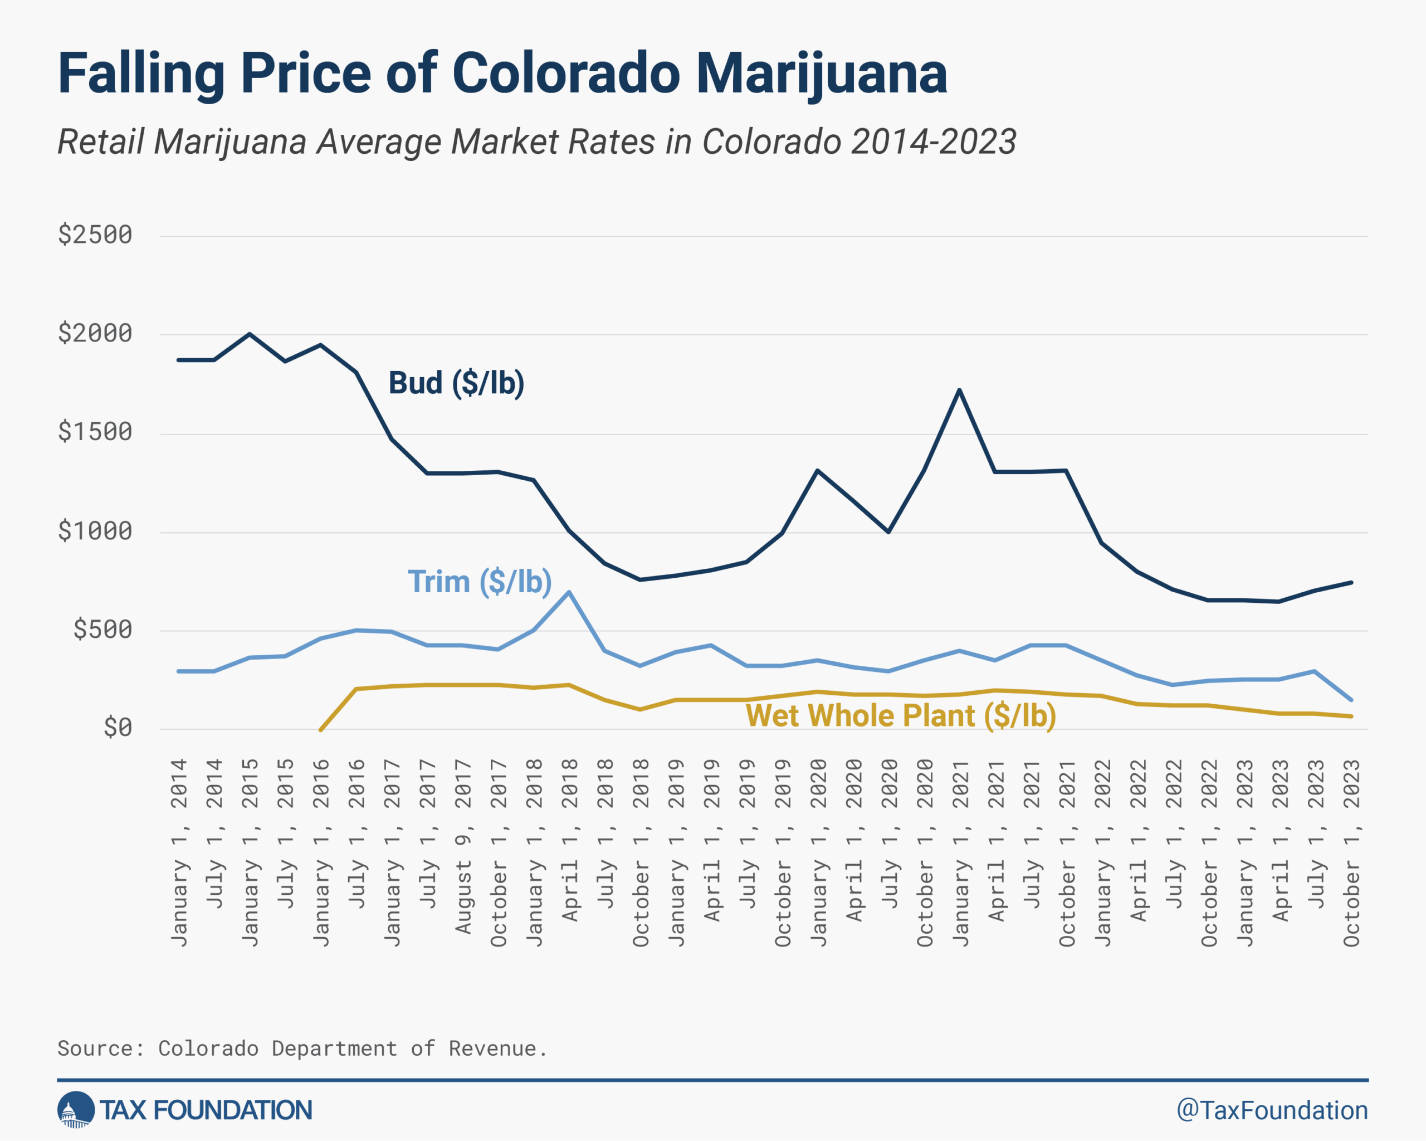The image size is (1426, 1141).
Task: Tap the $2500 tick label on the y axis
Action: (x=95, y=235)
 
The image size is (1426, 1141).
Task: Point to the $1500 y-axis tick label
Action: (x=95, y=432)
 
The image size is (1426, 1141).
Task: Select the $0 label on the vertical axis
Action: (x=118, y=728)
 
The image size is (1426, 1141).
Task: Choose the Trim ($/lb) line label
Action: (x=480, y=582)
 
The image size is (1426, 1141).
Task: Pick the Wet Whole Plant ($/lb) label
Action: (x=901, y=716)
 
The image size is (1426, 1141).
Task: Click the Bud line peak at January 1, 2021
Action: (x=960, y=389)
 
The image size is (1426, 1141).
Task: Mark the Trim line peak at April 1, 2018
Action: (x=569, y=592)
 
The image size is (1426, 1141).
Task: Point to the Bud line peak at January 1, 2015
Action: (x=250, y=334)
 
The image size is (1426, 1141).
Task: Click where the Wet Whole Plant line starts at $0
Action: (x=320, y=730)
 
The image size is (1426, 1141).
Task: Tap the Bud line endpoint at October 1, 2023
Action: (x=1351, y=583)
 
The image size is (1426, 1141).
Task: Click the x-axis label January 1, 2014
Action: (x=179, y=854)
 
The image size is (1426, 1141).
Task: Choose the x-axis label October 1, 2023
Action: (x=1351, y=854)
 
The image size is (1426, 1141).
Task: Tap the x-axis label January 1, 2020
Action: (x=819, y=854)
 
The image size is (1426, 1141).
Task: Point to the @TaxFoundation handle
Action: (x=1272, y=1110)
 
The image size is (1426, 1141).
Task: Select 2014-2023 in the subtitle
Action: (x=933, y=142)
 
